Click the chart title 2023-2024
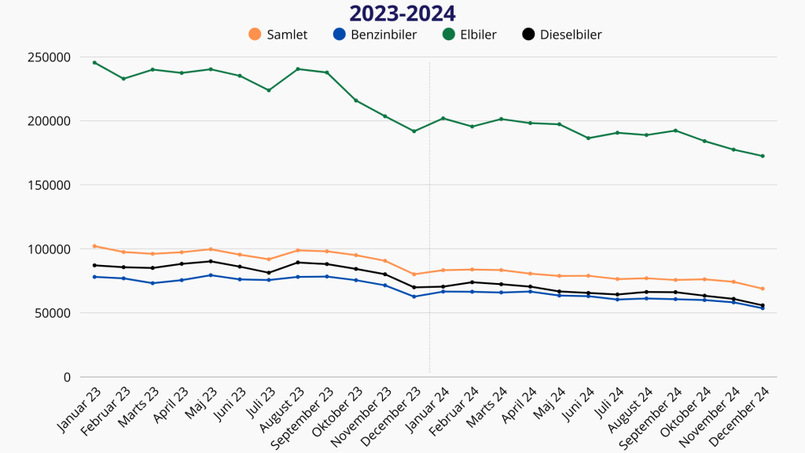pyautogui.click(x=402, y=13)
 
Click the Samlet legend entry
pyautogui.click(x=278, y=35)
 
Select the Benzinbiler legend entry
pyautogui.click(x=373, y=35)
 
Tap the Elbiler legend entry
pyautogui.click(x=469, y=35)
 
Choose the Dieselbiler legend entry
pyautogui.click(x=561, y=35)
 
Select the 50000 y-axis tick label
pyautogui.click(x=53, y=313)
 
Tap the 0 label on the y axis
pyautogui.click(x=67, y=377)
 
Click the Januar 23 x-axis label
pyautogui.click(x=80, y=410)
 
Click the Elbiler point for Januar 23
pyautogui.click(x=94, y=62)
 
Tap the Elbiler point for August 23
pyautogui.click(x=298, y=68)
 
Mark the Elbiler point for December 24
pyautogui.click(x=763, y=156)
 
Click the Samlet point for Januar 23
pyautogui.click(x=94, y=246)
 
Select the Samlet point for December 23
pyautogui.click(x=414, y=274)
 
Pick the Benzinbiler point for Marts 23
pyautogui.click(x=153, y=283)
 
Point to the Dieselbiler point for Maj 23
pyautogui.click(x=211, y=261)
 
